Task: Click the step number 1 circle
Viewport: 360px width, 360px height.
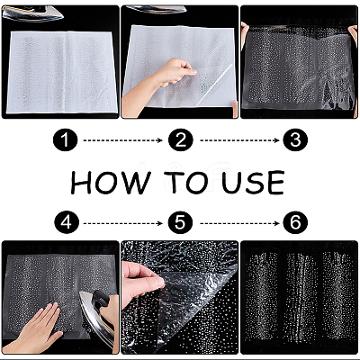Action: [x=65, y=139]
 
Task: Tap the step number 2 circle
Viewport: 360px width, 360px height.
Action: [x=181, y=139]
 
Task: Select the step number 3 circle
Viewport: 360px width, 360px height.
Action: [x=295, y=139]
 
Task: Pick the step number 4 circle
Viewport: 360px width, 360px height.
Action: [x=67, y=223]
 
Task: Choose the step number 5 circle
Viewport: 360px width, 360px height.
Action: [x=180, y=223]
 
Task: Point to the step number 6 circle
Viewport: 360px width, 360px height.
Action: [x=295, y=223]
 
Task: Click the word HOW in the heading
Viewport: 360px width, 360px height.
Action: [x=110, y=183]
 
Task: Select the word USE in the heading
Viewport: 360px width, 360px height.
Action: [x=253, y=183]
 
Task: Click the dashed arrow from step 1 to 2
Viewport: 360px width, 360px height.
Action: [x=122, y=140]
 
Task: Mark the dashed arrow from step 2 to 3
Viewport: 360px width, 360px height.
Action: [x=239, y=140]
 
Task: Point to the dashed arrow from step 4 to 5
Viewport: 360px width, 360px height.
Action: [x=123, y=223]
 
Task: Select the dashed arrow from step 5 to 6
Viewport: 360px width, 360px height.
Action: [x=239, y=223]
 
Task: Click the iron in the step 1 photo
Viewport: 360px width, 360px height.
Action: [x=33, y=13]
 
